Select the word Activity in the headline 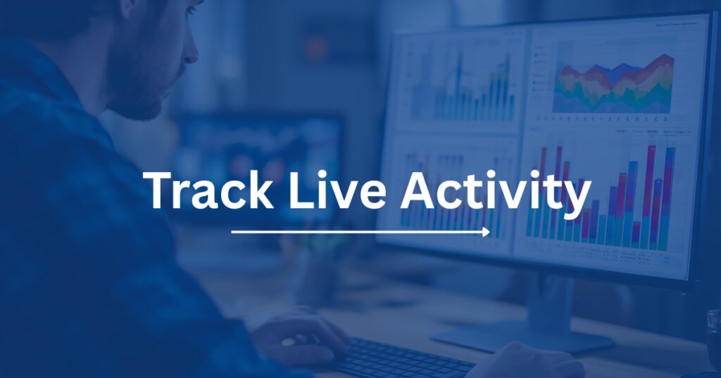[495, 193]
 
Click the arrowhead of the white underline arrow [487, 232]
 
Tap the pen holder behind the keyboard [315, 276]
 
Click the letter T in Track [161, 190]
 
